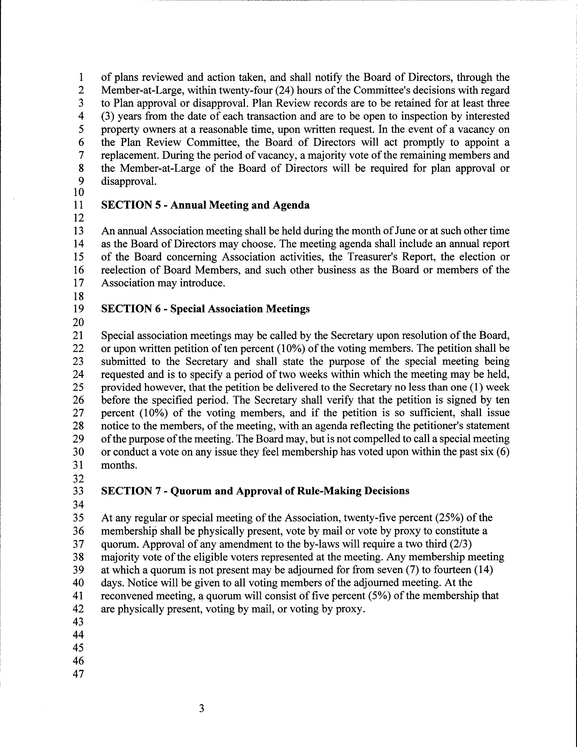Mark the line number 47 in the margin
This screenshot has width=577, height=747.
[x=78, y=674]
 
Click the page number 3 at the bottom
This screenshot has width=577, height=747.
[x=201, y=708]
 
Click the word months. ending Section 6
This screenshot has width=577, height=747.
[x=119, y=465]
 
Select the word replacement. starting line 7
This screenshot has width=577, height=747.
[x=130, y=156]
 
